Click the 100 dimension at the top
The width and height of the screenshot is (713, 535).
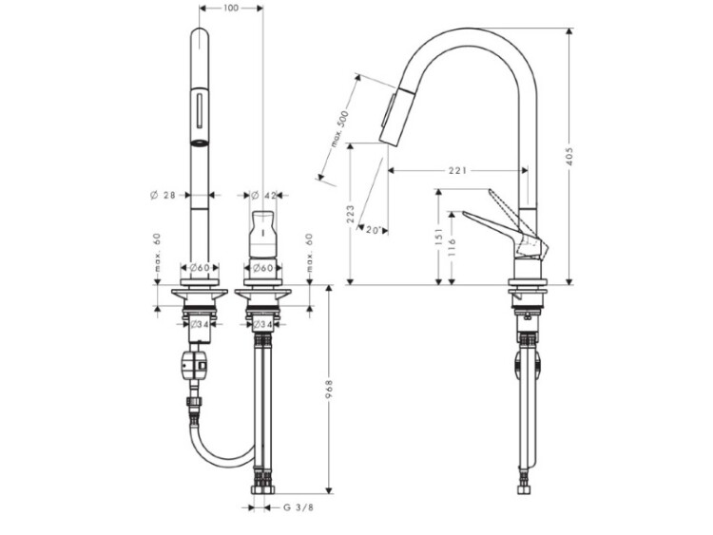231,8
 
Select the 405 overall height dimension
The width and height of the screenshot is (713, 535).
571,156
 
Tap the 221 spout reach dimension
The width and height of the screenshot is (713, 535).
457,170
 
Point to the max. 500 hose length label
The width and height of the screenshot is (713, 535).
339,128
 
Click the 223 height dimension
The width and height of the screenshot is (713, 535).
351,214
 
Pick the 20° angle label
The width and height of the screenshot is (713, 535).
373,230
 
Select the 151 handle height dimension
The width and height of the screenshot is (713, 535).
439,237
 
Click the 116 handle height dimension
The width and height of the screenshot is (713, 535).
452,248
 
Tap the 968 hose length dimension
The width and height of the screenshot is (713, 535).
329,389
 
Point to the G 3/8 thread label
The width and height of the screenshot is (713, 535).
299,507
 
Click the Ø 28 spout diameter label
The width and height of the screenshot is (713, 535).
163,196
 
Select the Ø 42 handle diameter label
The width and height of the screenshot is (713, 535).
263,196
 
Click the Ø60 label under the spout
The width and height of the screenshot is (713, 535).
200,268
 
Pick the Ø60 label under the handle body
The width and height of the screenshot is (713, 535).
262,268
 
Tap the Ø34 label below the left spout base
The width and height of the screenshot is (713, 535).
200,324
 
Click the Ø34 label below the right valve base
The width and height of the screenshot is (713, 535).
262,324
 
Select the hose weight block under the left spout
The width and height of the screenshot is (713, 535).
194,365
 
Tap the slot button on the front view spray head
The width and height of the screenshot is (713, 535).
200,109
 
